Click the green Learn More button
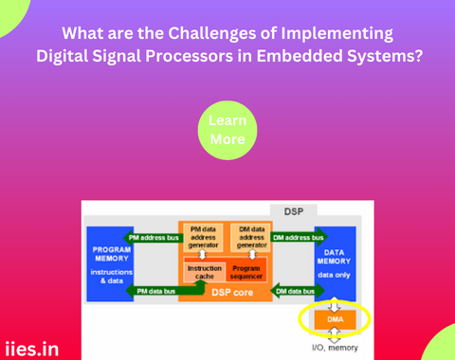tap(227, 131)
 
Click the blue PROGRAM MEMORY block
tap(111, 264)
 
